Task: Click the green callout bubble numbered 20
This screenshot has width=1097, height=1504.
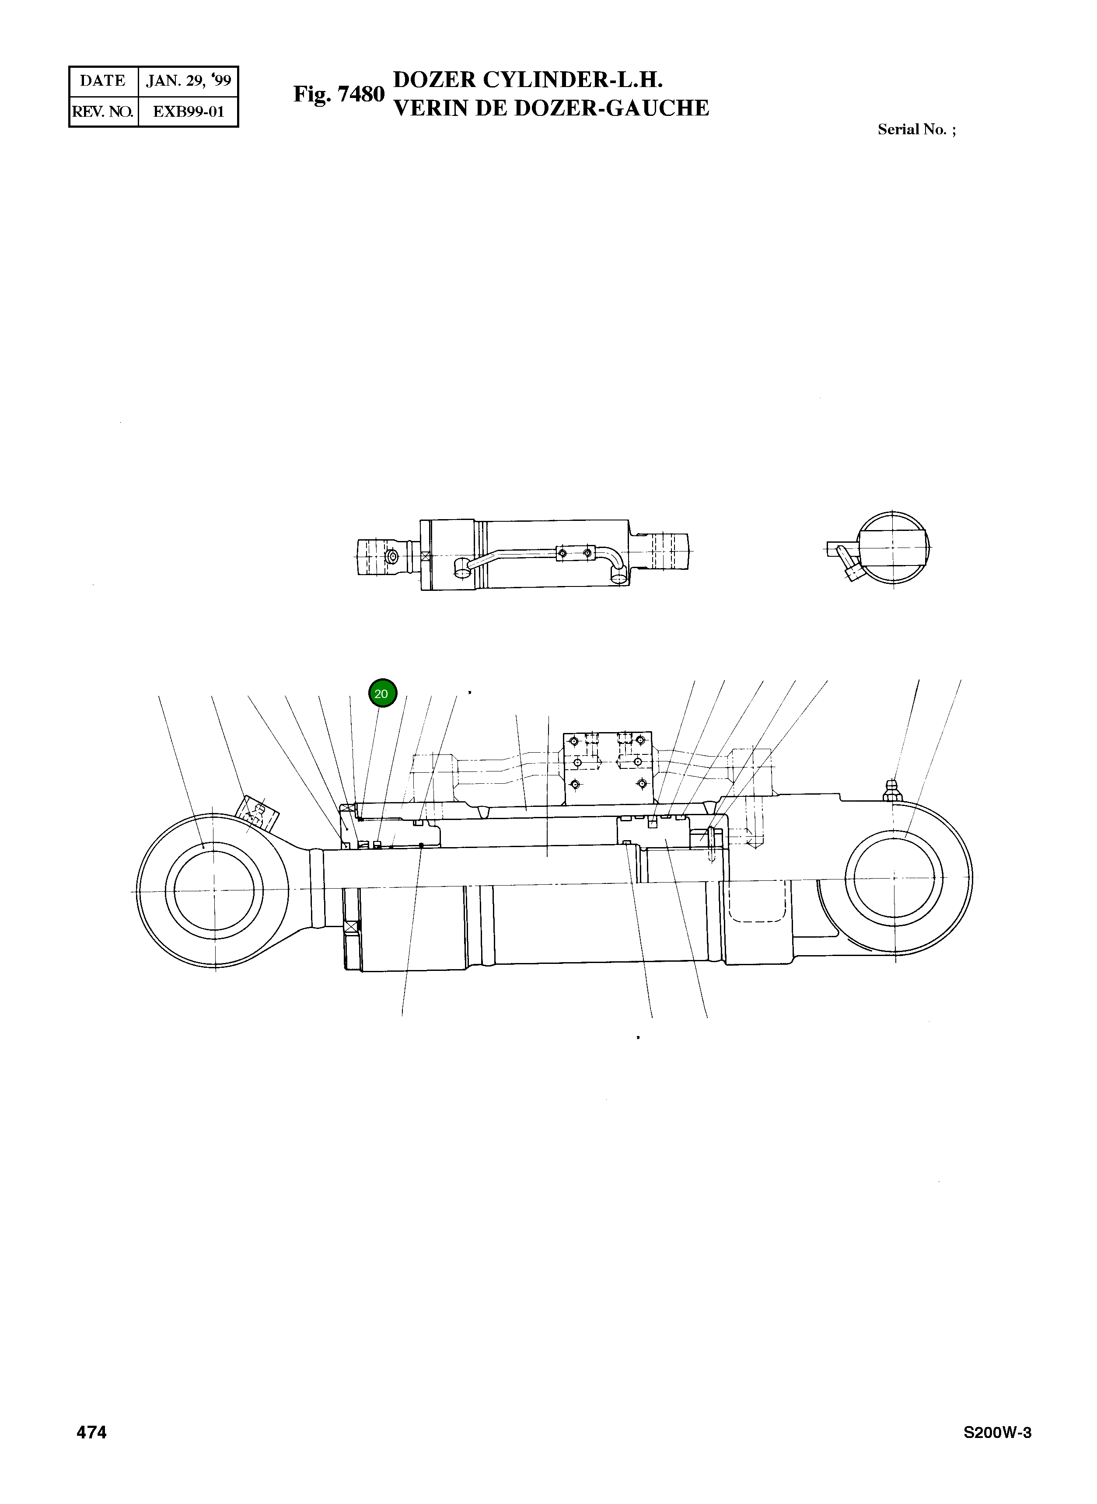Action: tap(382, 694)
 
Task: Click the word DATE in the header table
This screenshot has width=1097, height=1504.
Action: tap(102, 81)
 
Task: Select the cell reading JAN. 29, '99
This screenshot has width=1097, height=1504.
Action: tap(189, 81)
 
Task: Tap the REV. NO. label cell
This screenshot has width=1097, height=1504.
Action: tap(102, 112)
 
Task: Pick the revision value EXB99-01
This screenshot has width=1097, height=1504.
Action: tap(189, 112)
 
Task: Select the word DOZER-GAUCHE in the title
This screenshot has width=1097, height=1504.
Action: tap(611, 108)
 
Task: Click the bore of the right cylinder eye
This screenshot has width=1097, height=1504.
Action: tap(898, 880)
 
